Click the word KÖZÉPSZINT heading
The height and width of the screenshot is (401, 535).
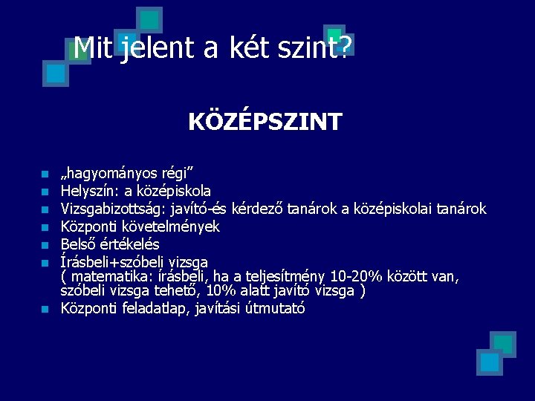click(x=265, y=121)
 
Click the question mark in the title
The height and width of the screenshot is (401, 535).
click(x=345, y=48)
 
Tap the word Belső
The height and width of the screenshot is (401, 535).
click(x=79, y=244)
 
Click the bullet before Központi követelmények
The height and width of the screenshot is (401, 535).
click(x=45, y=227)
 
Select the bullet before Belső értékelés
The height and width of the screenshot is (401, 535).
click(x=45, y=245)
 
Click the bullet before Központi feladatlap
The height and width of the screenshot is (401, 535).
click(x=45, y=309)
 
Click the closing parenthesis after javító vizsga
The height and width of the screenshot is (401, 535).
click(x=362, y=291)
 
